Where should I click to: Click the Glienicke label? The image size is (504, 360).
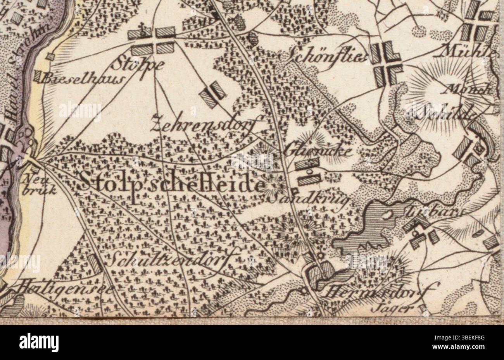coord(319,151)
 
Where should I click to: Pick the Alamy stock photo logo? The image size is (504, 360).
coord(39,343)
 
